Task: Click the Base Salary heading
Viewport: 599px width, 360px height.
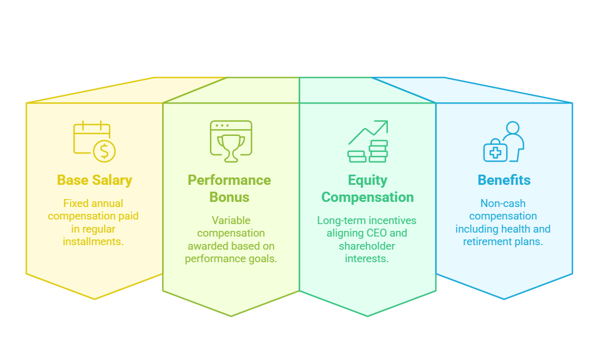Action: click(x=94, y=180)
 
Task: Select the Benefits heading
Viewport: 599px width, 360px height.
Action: click(x=504, y=180)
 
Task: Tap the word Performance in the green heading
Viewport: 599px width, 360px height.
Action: click(x=230, y=180)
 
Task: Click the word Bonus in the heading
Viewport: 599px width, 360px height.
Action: click(x=230, y=197)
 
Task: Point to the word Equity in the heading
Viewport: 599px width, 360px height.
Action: click(x=367, y=180)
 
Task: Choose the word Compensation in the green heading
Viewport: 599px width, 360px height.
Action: click(x=367, y=197)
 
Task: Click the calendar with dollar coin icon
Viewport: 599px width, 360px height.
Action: click(x=94, y=140)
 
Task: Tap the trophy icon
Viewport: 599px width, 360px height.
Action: click(x=231, y=141)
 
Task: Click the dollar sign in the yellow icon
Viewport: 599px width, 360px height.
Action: click(x=104, y=151)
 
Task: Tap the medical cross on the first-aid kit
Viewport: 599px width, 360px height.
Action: click(x=495, y=152)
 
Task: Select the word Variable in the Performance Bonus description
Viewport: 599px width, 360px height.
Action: click(x=231, y=220)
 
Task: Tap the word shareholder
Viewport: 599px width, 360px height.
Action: click(x=367, y=246)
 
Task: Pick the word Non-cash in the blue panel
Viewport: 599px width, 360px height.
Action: click(x=503, y=203)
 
